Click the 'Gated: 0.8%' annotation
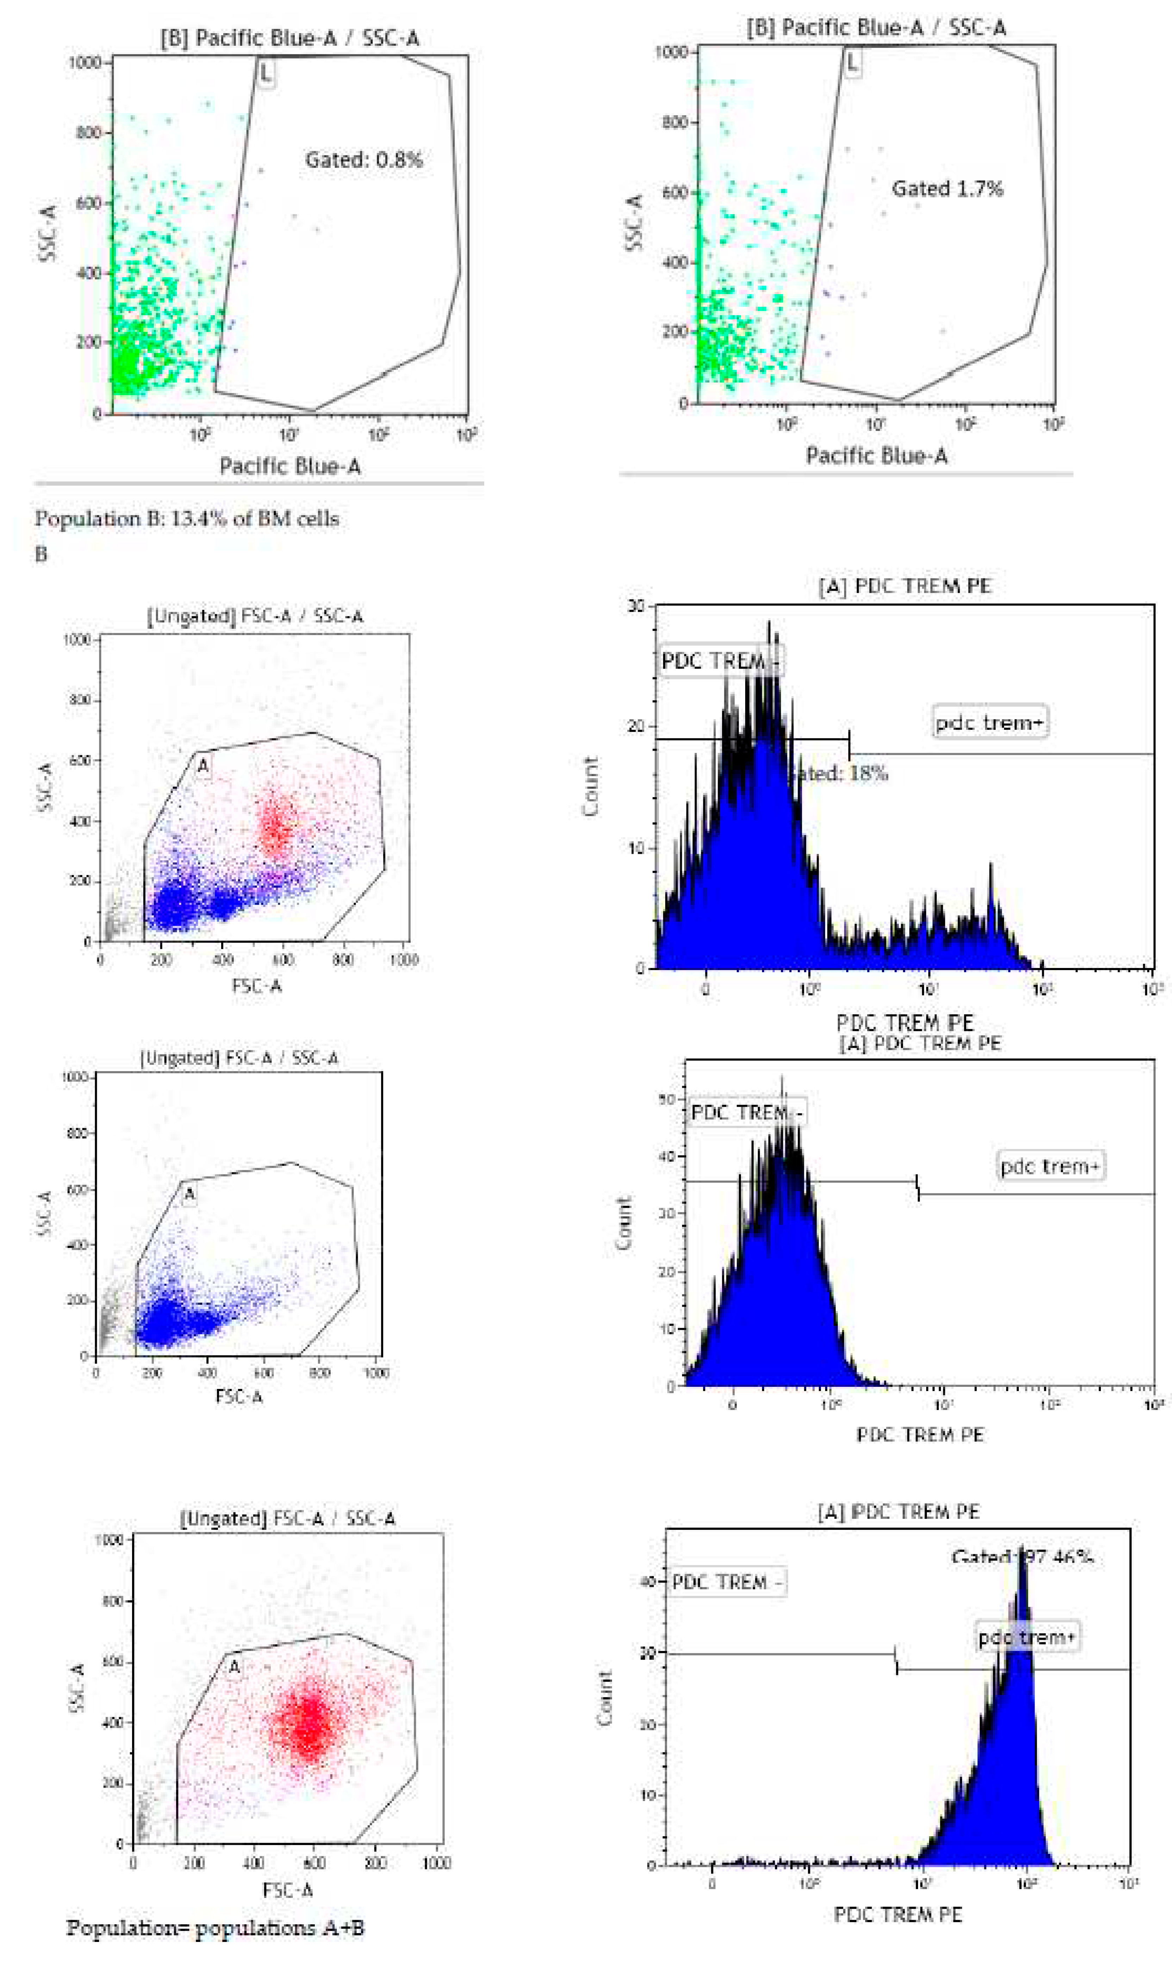pyautogui.click(x=364, y=160)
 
